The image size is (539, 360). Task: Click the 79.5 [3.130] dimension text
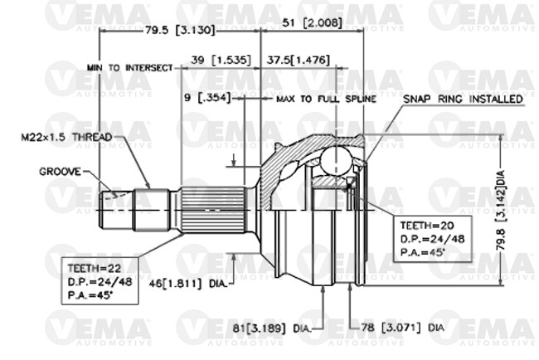[x=180, y=30]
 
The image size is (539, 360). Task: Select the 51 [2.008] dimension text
[x=312, y=23]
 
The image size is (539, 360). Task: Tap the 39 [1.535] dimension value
[x=221, y=61]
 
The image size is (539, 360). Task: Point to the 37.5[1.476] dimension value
[x=299, y=61]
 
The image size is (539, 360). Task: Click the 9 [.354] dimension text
[x=207, y=98]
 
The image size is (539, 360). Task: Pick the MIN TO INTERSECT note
[x=129, y=68]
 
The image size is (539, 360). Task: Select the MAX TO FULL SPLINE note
[x=326, y=99]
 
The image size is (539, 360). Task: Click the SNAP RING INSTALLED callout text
[x=463, y=99]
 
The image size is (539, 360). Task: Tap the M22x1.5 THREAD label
[x=66, y=137]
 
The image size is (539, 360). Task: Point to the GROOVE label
[x=61, y=172]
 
